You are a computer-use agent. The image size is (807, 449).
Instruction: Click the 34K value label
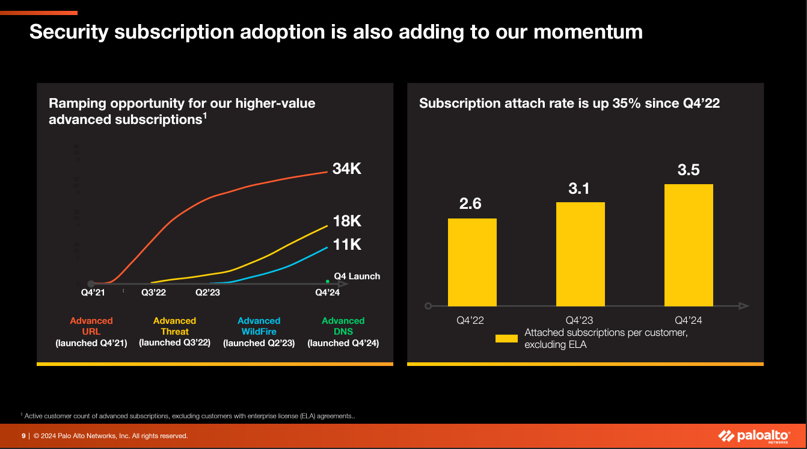(x=347, y=169)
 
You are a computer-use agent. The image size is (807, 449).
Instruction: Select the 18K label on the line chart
(x=347, y=221)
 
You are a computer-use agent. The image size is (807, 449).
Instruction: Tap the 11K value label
(x=347, y=244)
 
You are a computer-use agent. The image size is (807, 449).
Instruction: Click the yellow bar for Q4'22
(x=472, y=262)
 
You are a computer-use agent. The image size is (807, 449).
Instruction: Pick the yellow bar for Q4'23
(x=580, y=254)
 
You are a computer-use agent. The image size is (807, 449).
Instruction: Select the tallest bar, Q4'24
(x=689, y=245)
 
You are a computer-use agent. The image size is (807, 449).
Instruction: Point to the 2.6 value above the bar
(x=470, y=204)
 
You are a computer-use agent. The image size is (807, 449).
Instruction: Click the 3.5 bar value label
(x=689, y=170)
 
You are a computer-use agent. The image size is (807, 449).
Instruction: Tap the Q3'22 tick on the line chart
(x=153, y=293)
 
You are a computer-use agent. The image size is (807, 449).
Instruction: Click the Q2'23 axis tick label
(x=208, y=293)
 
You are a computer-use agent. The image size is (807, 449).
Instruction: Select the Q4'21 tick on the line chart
(x=93, y=293)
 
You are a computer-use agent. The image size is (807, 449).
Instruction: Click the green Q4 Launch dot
(x=327, y=281)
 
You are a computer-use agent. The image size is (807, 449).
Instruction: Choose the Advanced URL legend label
(x=91, y=326)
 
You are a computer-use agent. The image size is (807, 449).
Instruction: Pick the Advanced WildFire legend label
(x=259, y=326)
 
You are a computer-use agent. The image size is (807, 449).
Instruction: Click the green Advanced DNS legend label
(x=343, y=326)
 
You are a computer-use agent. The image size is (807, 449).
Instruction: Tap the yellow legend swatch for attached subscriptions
(x=506, y=339)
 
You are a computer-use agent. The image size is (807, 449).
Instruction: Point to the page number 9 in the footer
(x=23, y=436)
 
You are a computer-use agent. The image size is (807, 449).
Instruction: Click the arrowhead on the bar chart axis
(x=744, y=306)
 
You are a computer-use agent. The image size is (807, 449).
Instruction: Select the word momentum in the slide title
(x=588, y=32)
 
